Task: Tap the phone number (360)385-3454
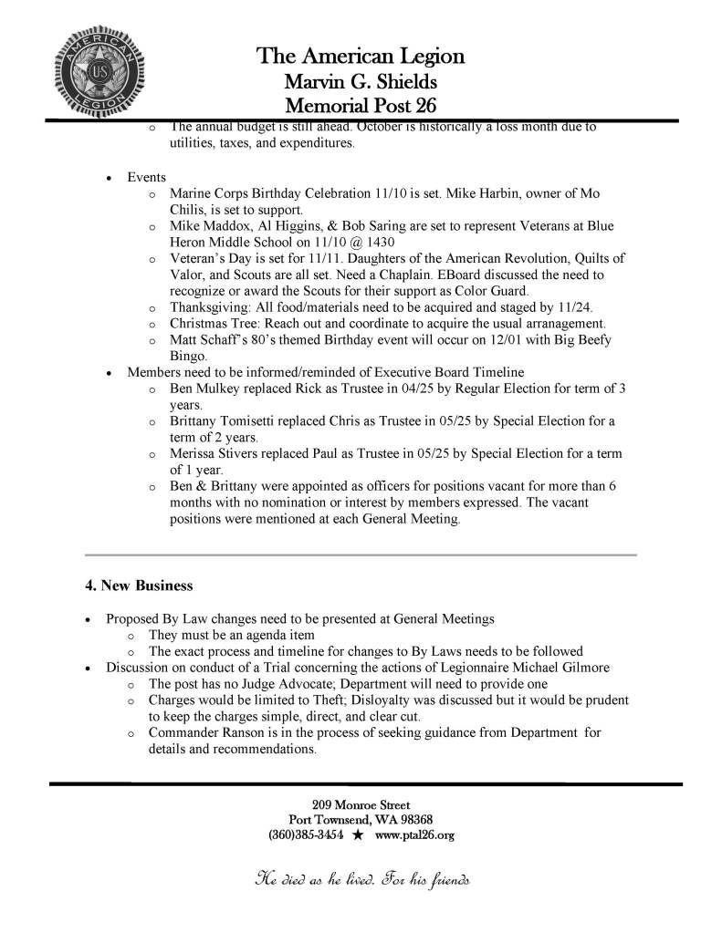307,835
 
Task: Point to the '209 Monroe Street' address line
361,805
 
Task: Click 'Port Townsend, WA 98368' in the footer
361,820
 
